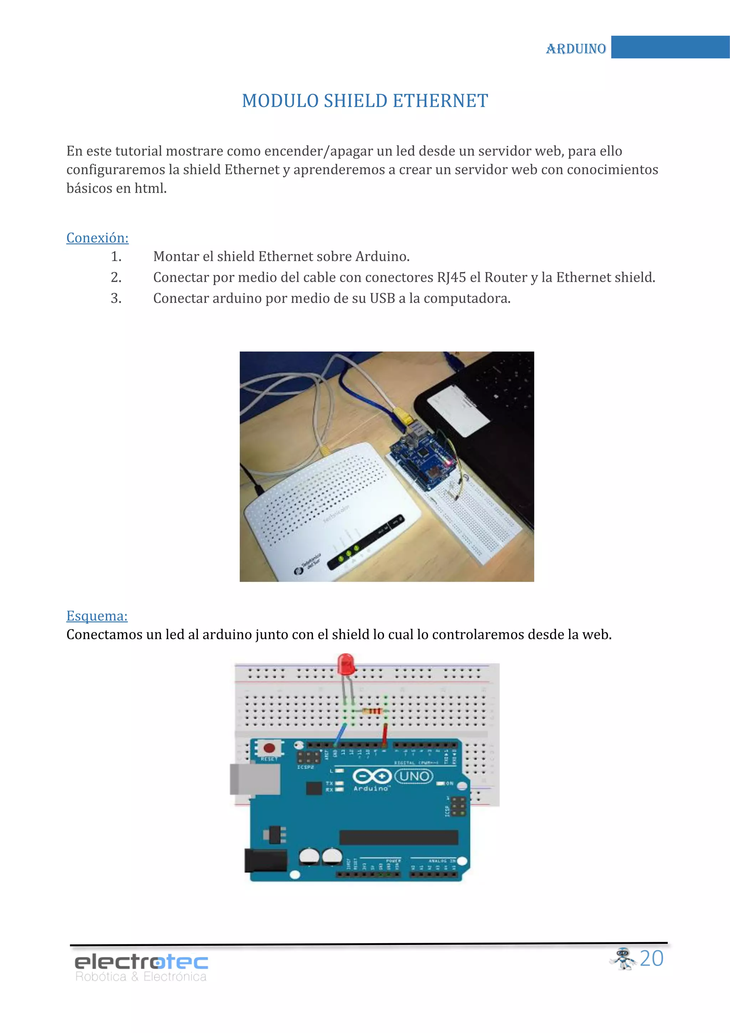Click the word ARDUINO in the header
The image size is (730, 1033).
[576, 48]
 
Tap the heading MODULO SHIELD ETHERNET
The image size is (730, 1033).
[365, 101]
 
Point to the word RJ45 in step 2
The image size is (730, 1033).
[451, 277]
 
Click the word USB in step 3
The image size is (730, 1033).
[382, 298]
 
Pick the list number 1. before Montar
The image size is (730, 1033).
[116, 256]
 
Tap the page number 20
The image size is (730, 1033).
[651, 958]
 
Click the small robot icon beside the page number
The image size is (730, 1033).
[623, 958]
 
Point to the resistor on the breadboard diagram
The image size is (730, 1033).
[372, 711]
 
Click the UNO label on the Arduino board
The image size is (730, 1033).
[413, 776]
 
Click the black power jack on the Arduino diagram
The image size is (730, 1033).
[265, 860]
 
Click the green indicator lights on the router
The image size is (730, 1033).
[349, 553]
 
